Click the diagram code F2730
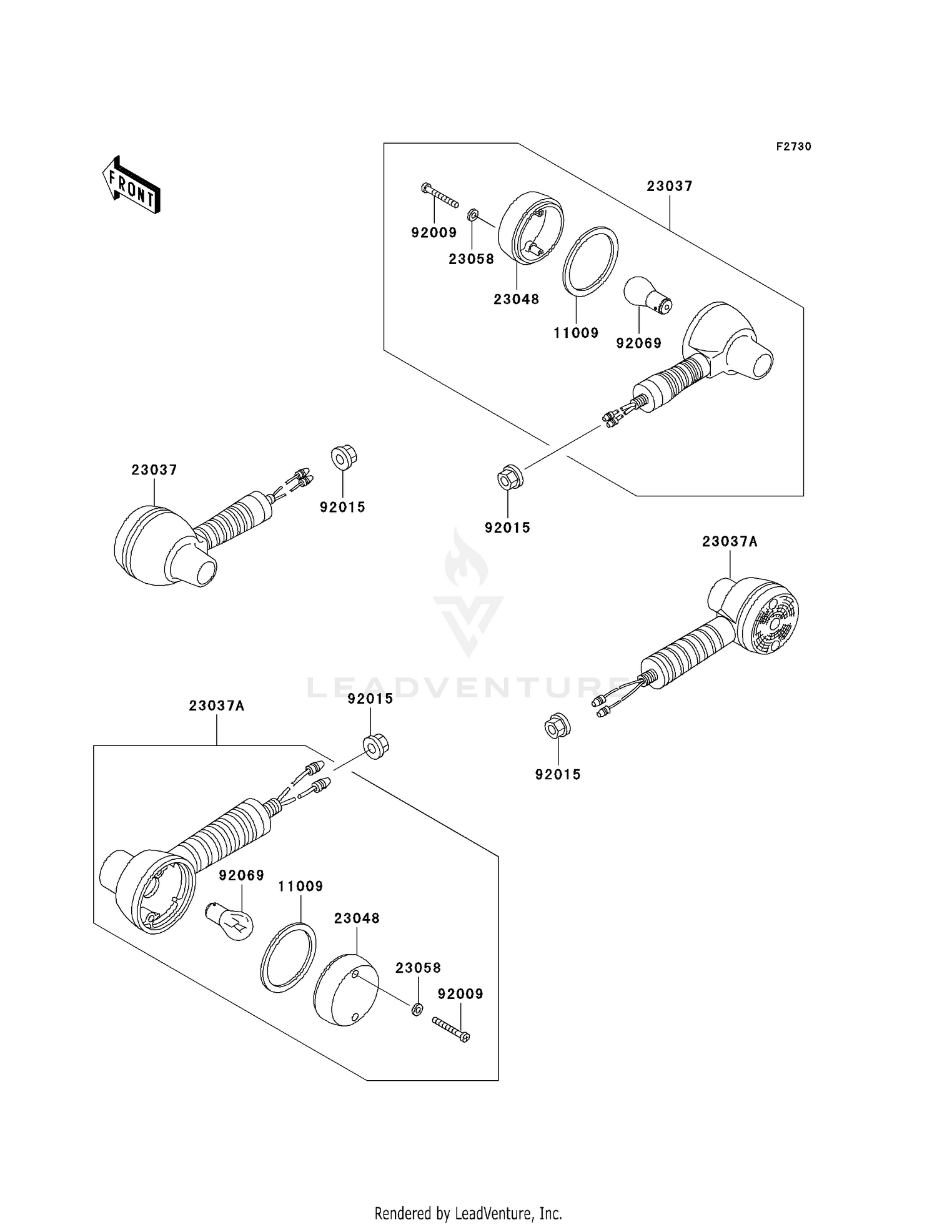point(793,147)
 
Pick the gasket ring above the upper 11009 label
point(590,260)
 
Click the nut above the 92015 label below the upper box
point(510,480)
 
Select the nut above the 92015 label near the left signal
point(343,458)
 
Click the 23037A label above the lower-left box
point(216,706)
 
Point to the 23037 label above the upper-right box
point(669,186)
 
